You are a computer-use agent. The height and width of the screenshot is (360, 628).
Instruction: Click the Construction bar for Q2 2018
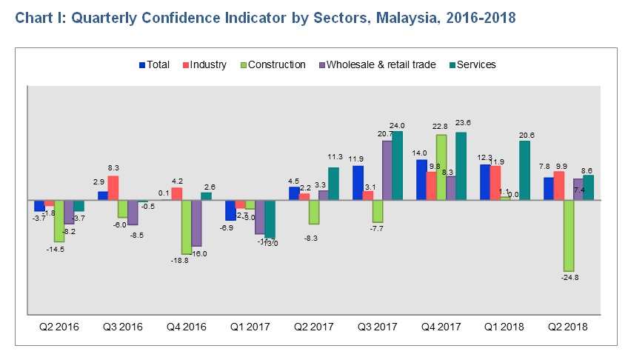pos(569,236)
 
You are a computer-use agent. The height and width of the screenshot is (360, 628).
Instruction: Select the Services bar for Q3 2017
pos(397,166)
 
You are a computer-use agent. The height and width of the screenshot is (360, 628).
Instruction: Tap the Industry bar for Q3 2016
pos(113,187)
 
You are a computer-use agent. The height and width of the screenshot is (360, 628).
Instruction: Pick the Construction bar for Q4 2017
pos(441,167)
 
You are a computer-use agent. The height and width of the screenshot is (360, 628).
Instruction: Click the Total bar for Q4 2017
pos(421,180)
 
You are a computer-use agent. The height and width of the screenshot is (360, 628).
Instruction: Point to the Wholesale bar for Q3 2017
pos(387,170)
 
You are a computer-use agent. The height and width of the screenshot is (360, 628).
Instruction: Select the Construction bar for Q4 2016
pos(187,227)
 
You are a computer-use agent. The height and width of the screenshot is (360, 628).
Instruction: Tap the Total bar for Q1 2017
pos(230,210)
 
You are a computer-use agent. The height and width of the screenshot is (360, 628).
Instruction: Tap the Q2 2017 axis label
pos(314,327)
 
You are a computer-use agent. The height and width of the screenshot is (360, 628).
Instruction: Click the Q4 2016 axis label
pos(187,327)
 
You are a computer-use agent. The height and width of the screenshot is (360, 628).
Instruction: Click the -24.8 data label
pos(569,278)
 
